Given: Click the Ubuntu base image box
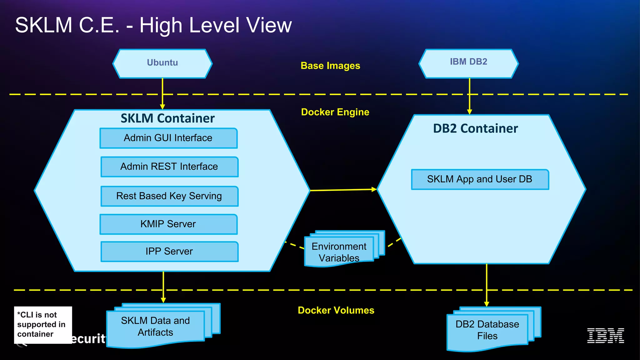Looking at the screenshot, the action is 162,64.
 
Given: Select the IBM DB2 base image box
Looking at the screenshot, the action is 468,64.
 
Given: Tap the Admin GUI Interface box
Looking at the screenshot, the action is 168,138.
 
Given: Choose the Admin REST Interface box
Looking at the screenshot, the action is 169,167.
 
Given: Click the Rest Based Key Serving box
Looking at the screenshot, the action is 169,196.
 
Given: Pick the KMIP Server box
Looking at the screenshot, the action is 168,224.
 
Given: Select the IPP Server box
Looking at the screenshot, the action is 169,252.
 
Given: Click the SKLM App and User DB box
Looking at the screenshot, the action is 480,179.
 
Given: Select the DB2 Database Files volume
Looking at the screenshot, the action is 494,329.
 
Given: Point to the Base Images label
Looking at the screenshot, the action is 330,66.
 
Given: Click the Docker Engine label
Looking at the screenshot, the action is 335,112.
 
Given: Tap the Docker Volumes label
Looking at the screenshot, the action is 336,310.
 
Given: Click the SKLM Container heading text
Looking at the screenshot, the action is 167,118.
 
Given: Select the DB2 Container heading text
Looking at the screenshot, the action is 475,128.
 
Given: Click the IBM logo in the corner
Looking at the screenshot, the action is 606,336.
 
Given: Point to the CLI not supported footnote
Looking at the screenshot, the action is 43,325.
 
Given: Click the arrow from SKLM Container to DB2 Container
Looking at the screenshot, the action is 343,190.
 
